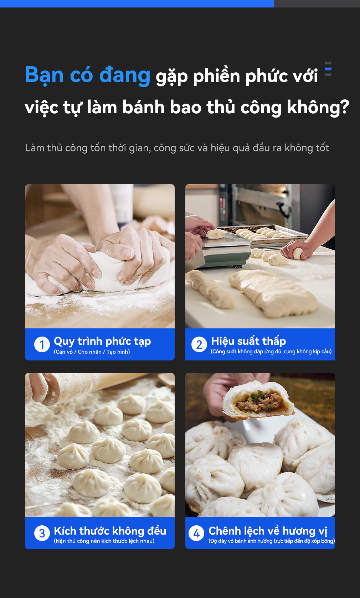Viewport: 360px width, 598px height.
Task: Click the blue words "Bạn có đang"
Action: coord(88,75)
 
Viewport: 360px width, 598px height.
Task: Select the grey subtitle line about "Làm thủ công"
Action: coord(177,148)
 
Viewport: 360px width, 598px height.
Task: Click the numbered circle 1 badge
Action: coord(42,344)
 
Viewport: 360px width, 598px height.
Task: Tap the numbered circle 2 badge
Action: coord(199,344)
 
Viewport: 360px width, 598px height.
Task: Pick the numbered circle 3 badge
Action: coord(42,533)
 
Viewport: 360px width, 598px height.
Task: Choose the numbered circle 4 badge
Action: coord(196,533)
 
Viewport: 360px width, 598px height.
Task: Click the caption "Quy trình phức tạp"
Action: coord(102,342)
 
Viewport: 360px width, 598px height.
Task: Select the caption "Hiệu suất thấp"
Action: coord(248,341)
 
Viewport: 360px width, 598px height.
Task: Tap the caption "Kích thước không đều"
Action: coord(110,531)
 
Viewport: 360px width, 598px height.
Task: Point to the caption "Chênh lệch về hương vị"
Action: coord(268,531)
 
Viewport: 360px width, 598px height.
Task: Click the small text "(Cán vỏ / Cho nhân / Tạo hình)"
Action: coord(92,352)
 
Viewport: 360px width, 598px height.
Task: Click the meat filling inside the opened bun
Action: coord(261,401)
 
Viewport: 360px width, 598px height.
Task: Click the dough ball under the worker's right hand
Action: coord(298,254)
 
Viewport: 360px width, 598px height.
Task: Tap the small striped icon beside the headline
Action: coord(328,69)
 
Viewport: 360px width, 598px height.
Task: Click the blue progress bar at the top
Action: coord(137,4)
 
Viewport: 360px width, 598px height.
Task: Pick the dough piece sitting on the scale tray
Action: coord(216,234)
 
